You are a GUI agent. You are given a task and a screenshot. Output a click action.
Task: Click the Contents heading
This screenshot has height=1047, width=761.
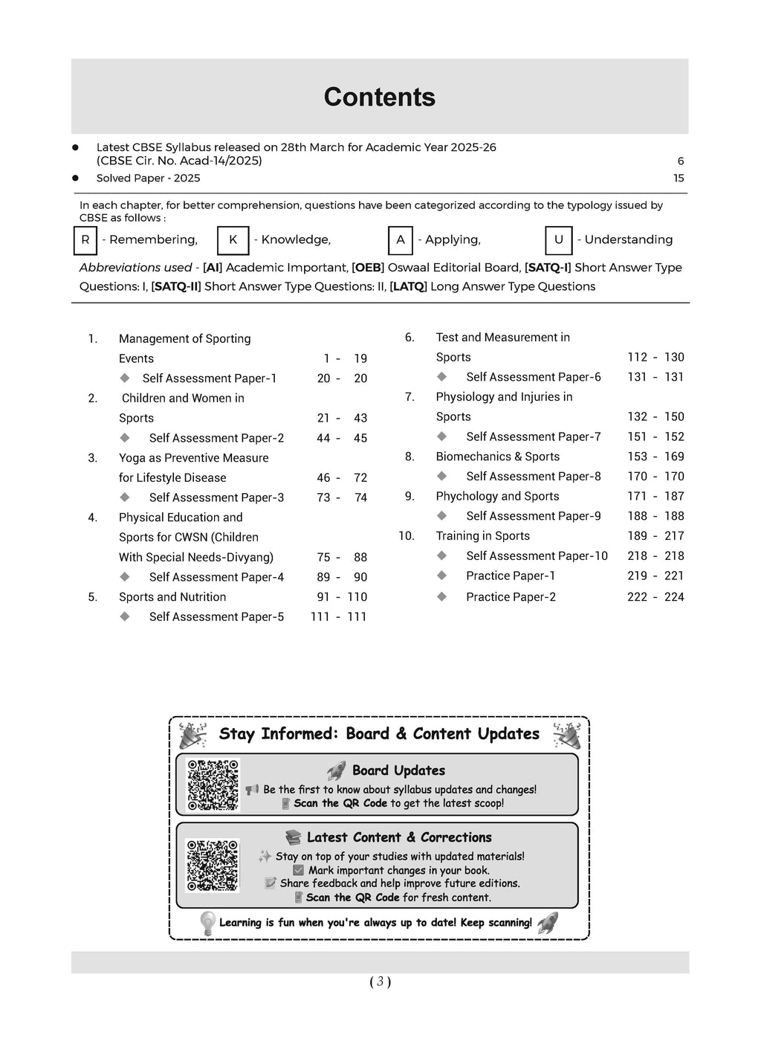pos(380,97)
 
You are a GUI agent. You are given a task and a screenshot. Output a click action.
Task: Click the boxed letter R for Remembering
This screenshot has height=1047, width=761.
pos(85,240)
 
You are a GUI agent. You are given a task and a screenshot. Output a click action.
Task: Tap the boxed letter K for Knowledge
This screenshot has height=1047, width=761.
pos(233,240)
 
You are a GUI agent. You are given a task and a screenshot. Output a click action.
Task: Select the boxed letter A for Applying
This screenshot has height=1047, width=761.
pos(401,240)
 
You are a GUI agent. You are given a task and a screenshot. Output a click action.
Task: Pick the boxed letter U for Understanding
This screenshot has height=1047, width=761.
pos(558,240)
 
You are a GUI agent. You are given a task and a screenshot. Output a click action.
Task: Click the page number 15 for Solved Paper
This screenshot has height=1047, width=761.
pos(678,178)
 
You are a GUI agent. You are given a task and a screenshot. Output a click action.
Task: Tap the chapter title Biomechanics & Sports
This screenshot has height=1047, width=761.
pos(497,457)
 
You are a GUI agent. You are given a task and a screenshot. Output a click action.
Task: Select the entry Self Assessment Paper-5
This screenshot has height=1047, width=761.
pos(216,616)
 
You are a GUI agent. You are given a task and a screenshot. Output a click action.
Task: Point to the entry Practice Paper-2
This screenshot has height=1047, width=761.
pos(511,597)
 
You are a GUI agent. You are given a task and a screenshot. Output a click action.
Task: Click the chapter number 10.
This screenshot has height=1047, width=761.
pos(406,536)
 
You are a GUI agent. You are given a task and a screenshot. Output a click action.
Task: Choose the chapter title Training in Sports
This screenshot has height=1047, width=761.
pos(482,536)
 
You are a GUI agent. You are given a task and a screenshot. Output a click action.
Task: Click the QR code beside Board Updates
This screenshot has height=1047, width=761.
pos(213,785)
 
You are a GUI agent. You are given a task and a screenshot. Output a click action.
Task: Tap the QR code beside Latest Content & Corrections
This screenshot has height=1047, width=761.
pos(213,865)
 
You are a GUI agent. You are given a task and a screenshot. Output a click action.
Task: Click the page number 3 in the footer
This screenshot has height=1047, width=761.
pos(380,982)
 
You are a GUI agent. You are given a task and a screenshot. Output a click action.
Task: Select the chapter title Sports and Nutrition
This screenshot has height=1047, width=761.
pos(172,597)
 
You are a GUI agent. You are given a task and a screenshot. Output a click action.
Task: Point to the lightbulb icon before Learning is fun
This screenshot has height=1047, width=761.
pos(208,923)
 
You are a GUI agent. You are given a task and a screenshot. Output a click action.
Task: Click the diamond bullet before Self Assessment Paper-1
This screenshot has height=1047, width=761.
pos(125,378)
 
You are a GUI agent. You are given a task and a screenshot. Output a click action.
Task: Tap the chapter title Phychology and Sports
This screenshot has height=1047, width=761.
pos(497,496)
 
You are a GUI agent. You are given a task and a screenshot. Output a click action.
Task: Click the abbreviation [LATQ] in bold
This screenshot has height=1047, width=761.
pos(408,287)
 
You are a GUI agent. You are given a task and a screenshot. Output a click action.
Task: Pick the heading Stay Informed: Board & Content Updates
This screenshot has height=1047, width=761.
pos(379,734)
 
